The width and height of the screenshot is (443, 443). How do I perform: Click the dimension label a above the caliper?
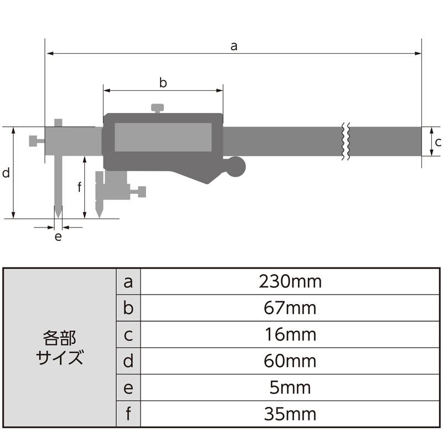coord(234,47)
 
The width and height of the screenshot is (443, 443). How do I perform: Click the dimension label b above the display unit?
coord(163,83)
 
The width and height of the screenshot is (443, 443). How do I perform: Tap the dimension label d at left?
coord(6,173)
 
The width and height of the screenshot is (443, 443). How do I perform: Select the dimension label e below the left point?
coord(58,237)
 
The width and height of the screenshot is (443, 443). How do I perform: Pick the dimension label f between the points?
coord(79,187)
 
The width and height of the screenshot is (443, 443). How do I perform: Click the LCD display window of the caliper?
coord(163,137)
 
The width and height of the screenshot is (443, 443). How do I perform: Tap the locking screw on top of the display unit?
coord(158,107)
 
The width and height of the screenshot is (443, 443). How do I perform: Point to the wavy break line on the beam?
coord(345,141)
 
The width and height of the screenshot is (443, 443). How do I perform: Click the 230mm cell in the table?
coord(290,282)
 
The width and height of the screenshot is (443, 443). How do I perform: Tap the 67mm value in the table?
coord(290,308)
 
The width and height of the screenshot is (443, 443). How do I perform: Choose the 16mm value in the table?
coord(290,334)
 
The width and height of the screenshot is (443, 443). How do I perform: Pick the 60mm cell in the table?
coord(290,361)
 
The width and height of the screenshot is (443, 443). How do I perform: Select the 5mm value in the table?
coord(290,387)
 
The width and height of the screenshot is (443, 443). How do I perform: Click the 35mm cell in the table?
coord(290,414)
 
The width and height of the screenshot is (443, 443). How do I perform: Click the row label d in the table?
coord(128,361)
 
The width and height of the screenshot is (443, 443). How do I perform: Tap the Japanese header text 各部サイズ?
coord(59,348)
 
